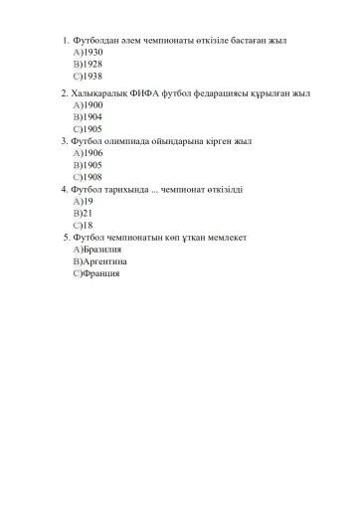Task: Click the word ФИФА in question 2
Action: coord(144,92)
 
